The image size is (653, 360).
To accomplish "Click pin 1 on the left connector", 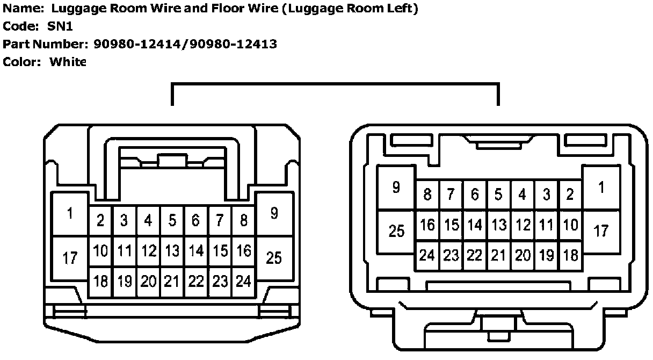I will pos(70,214).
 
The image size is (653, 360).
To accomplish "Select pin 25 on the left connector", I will pos(274,258).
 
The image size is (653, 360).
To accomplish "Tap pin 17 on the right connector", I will pos(601,232).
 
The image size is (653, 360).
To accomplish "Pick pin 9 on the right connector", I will pos(396,188).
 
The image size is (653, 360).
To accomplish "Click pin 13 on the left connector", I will pos(172,251).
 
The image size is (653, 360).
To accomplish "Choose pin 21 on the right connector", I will pos(499,256).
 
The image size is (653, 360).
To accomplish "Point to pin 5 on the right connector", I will pos(499,195).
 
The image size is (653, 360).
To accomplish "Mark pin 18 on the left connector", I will pos(100,281).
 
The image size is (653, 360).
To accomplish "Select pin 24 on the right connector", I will pos(427,256).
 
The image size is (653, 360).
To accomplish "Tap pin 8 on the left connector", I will pos(244,220).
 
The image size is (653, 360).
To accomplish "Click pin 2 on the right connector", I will pos(570,195).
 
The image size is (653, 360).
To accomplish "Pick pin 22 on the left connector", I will pos(196,281).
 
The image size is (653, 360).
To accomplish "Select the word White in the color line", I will pos(68,62).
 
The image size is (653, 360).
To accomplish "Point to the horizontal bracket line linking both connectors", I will pos(335,84).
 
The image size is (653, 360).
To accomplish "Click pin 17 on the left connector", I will pos(70,258).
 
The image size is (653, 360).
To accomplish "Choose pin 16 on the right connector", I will pos(427,225).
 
